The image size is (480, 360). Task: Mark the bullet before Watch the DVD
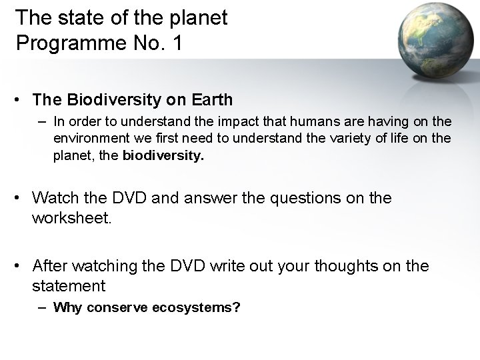[x=20, y=198]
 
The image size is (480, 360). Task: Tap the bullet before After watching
[x=20, y=267]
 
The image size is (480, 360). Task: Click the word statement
[x=69, y=287]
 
